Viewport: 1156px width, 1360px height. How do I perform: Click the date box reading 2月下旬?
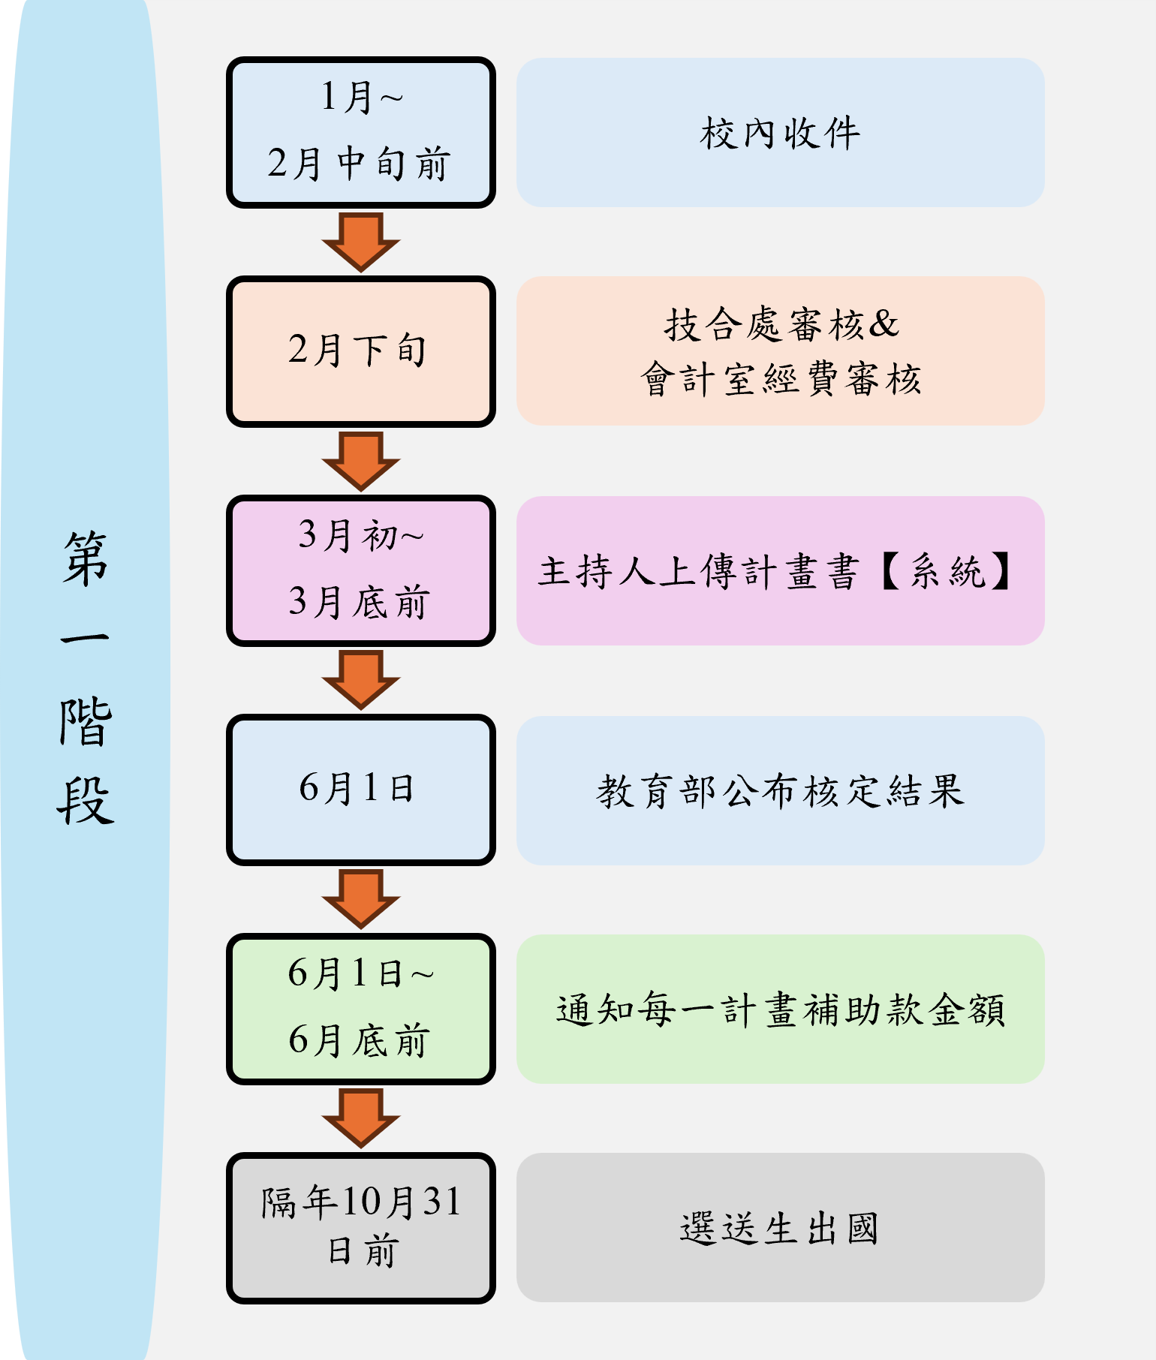click(x=360, y=351)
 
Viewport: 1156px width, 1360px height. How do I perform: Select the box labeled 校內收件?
click(x=780, y=132)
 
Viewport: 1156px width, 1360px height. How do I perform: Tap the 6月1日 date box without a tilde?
click(x=360, y=790)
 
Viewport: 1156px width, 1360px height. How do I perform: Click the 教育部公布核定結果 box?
click(x=780, y=790)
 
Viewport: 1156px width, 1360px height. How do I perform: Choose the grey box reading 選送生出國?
click(x=780, y=1227)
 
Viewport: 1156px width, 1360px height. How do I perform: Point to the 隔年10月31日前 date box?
click(x=360, y=1227)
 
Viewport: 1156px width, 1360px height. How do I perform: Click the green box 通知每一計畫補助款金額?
click(x=780, y=1009)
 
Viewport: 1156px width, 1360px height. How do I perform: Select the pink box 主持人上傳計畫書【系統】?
click(x=780, y=570)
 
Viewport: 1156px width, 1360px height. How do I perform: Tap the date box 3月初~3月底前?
click(x=360, y=570)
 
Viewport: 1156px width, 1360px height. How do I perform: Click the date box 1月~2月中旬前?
click(x=360, y=132)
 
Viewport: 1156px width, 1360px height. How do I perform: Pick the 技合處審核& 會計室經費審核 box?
click(x=780, y=351)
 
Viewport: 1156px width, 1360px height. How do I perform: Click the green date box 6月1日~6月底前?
click(x=360, y=1009)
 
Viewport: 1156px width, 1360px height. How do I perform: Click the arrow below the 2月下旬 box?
click(x=360, y=460)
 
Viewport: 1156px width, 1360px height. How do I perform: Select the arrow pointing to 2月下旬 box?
click(x=360, y=241)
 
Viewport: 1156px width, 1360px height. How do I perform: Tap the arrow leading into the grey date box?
click(x=360, y=1117)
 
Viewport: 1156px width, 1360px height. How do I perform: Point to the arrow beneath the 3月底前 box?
click(x=360, y=679)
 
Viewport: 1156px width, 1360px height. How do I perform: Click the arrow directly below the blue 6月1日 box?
click(x=360, y=898)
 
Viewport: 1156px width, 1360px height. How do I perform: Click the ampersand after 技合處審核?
click(x=884, y=324)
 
